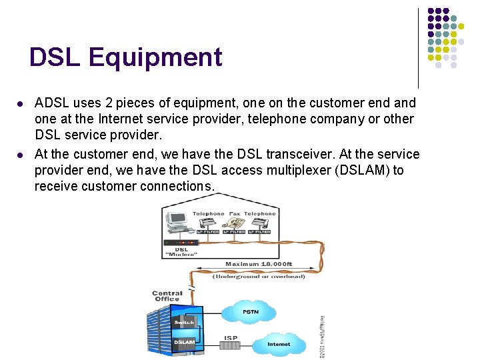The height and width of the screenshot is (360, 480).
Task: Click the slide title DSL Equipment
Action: [125, 57]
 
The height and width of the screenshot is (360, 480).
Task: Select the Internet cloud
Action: [279, 344]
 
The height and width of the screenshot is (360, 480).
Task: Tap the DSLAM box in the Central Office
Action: [184, 343]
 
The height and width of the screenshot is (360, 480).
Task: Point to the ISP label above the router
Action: [230, 337]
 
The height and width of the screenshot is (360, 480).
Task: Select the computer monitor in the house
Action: [177, 219]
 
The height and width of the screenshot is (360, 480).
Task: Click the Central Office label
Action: [167, 296]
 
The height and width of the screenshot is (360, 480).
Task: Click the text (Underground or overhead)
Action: [259, 276]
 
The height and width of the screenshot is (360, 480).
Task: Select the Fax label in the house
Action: [234, 213]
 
